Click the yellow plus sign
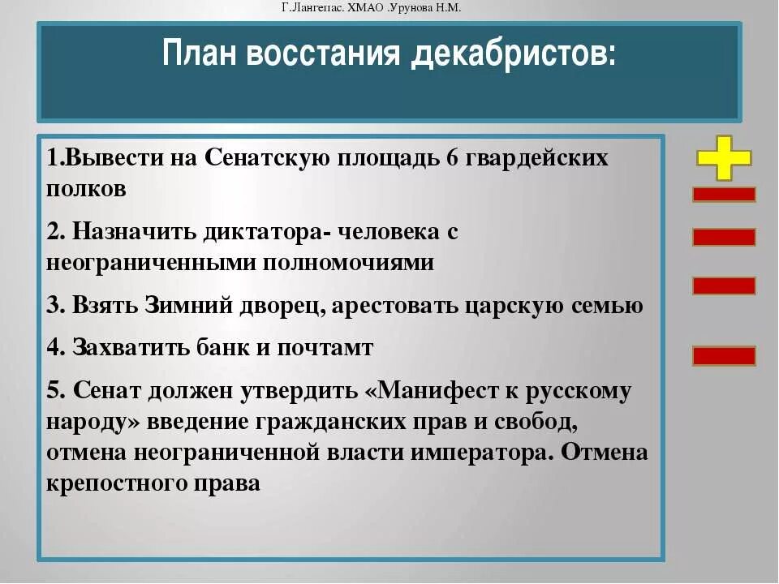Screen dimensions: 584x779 click(x=724, y=157)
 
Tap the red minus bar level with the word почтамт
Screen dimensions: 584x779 click(x=724, y=355)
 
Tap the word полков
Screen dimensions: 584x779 click(x=86, y=189)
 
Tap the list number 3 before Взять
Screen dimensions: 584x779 click(x=53, y=306)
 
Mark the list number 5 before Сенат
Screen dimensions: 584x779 click(x=53, y=390)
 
